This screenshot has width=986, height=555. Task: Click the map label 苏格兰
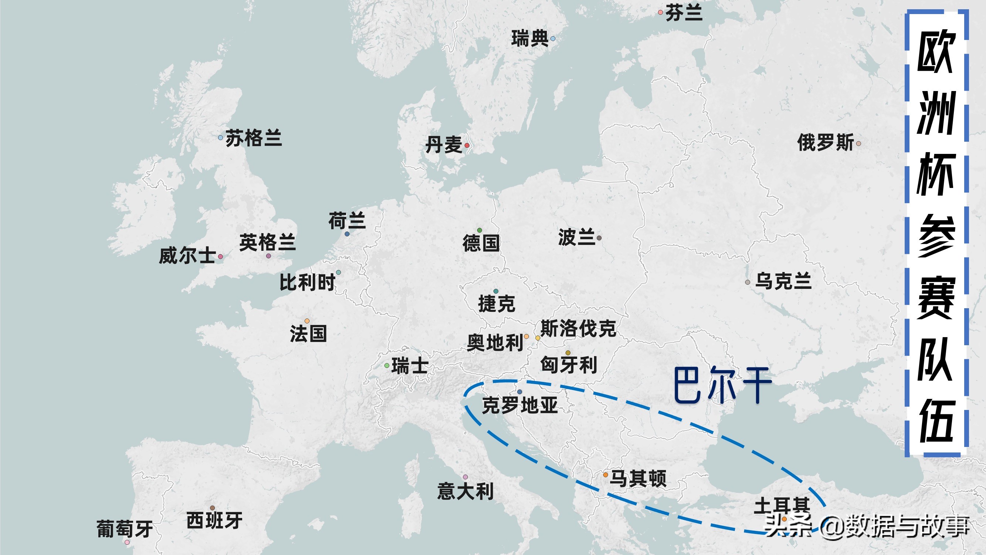[x=253, y=138]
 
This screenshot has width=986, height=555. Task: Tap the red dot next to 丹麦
[x=467, y=145]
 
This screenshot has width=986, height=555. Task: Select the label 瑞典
[x=530, y=39]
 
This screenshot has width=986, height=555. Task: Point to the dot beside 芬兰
[x=660, y=13]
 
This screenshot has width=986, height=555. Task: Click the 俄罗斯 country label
[x=825, y=142]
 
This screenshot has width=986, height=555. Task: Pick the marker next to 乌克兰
[x=748, y=282]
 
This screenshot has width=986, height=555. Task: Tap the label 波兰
[x=576, y=237]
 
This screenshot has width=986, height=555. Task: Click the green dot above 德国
[x=480, y=230]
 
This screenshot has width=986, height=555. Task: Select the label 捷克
[x=497, y=304]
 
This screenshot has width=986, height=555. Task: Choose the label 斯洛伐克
[x=578, y=329]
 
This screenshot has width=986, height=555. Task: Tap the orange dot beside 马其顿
[x=606, y=475]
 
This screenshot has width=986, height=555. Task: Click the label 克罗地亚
[x=519, y=405]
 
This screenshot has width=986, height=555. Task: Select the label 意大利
[x=465, y=491]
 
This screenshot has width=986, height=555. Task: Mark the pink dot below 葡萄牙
[x=127, y=542]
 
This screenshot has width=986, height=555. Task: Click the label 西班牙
[x=214, y=521]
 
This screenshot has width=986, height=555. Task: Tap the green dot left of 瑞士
[x=387, y=366]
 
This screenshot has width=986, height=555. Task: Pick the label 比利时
[x=307, y=283]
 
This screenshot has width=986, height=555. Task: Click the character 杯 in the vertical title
[x=935, y=174]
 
